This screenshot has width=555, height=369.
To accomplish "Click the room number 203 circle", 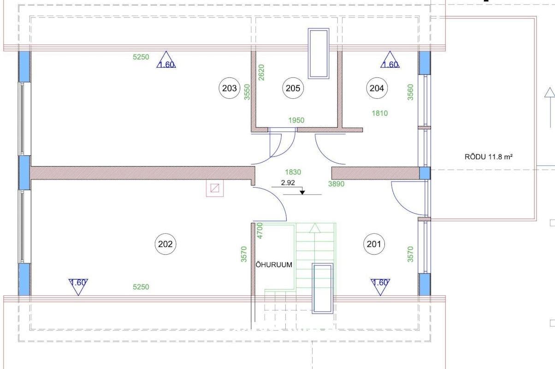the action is pyautogui.click(x=229, y=88).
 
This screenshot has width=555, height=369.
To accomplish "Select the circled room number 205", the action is pyautogui.click(x=293, y=88).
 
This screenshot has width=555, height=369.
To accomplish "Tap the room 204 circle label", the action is pyautogui.click(x=377, y=88).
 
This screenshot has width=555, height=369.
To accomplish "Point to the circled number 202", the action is pyautogui.click(x=165, y=244).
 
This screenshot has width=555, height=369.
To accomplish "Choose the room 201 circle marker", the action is pyautogui.click(x=374, y=244).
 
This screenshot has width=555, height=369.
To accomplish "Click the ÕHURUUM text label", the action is pyautogui.click(x=274, y=265).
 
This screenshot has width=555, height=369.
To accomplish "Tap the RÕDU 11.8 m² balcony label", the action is pyautogui.click(x=488, y=157).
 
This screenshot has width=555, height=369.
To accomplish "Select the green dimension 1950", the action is pyautogui.click(x=296, y=120).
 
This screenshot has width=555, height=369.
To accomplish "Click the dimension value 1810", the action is pyautogui.click(x=380, y=113).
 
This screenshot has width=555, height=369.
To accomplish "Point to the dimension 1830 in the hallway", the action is pyautogui.click(x=293, y=172).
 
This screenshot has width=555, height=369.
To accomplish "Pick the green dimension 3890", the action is pyautogui.click(x=336, y=184).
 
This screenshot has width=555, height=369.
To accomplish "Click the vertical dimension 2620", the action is pyautogui.click(x=261, y=72).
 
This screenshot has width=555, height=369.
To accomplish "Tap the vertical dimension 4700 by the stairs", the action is pyautogui.click(x=260, y=231).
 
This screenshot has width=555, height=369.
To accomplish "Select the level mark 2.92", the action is pyautogui.click(x=288, y=183).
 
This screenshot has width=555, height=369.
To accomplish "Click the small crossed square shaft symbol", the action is pyautogui.click(x=215, y=188).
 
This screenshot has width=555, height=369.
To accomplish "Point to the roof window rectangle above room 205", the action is pyautogui.click(x=319, y=54).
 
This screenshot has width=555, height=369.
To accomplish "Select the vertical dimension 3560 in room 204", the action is pyautogui.click(x=410, y=92).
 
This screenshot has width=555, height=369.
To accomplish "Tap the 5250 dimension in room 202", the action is pyautogui.click(x=141, y=287).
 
